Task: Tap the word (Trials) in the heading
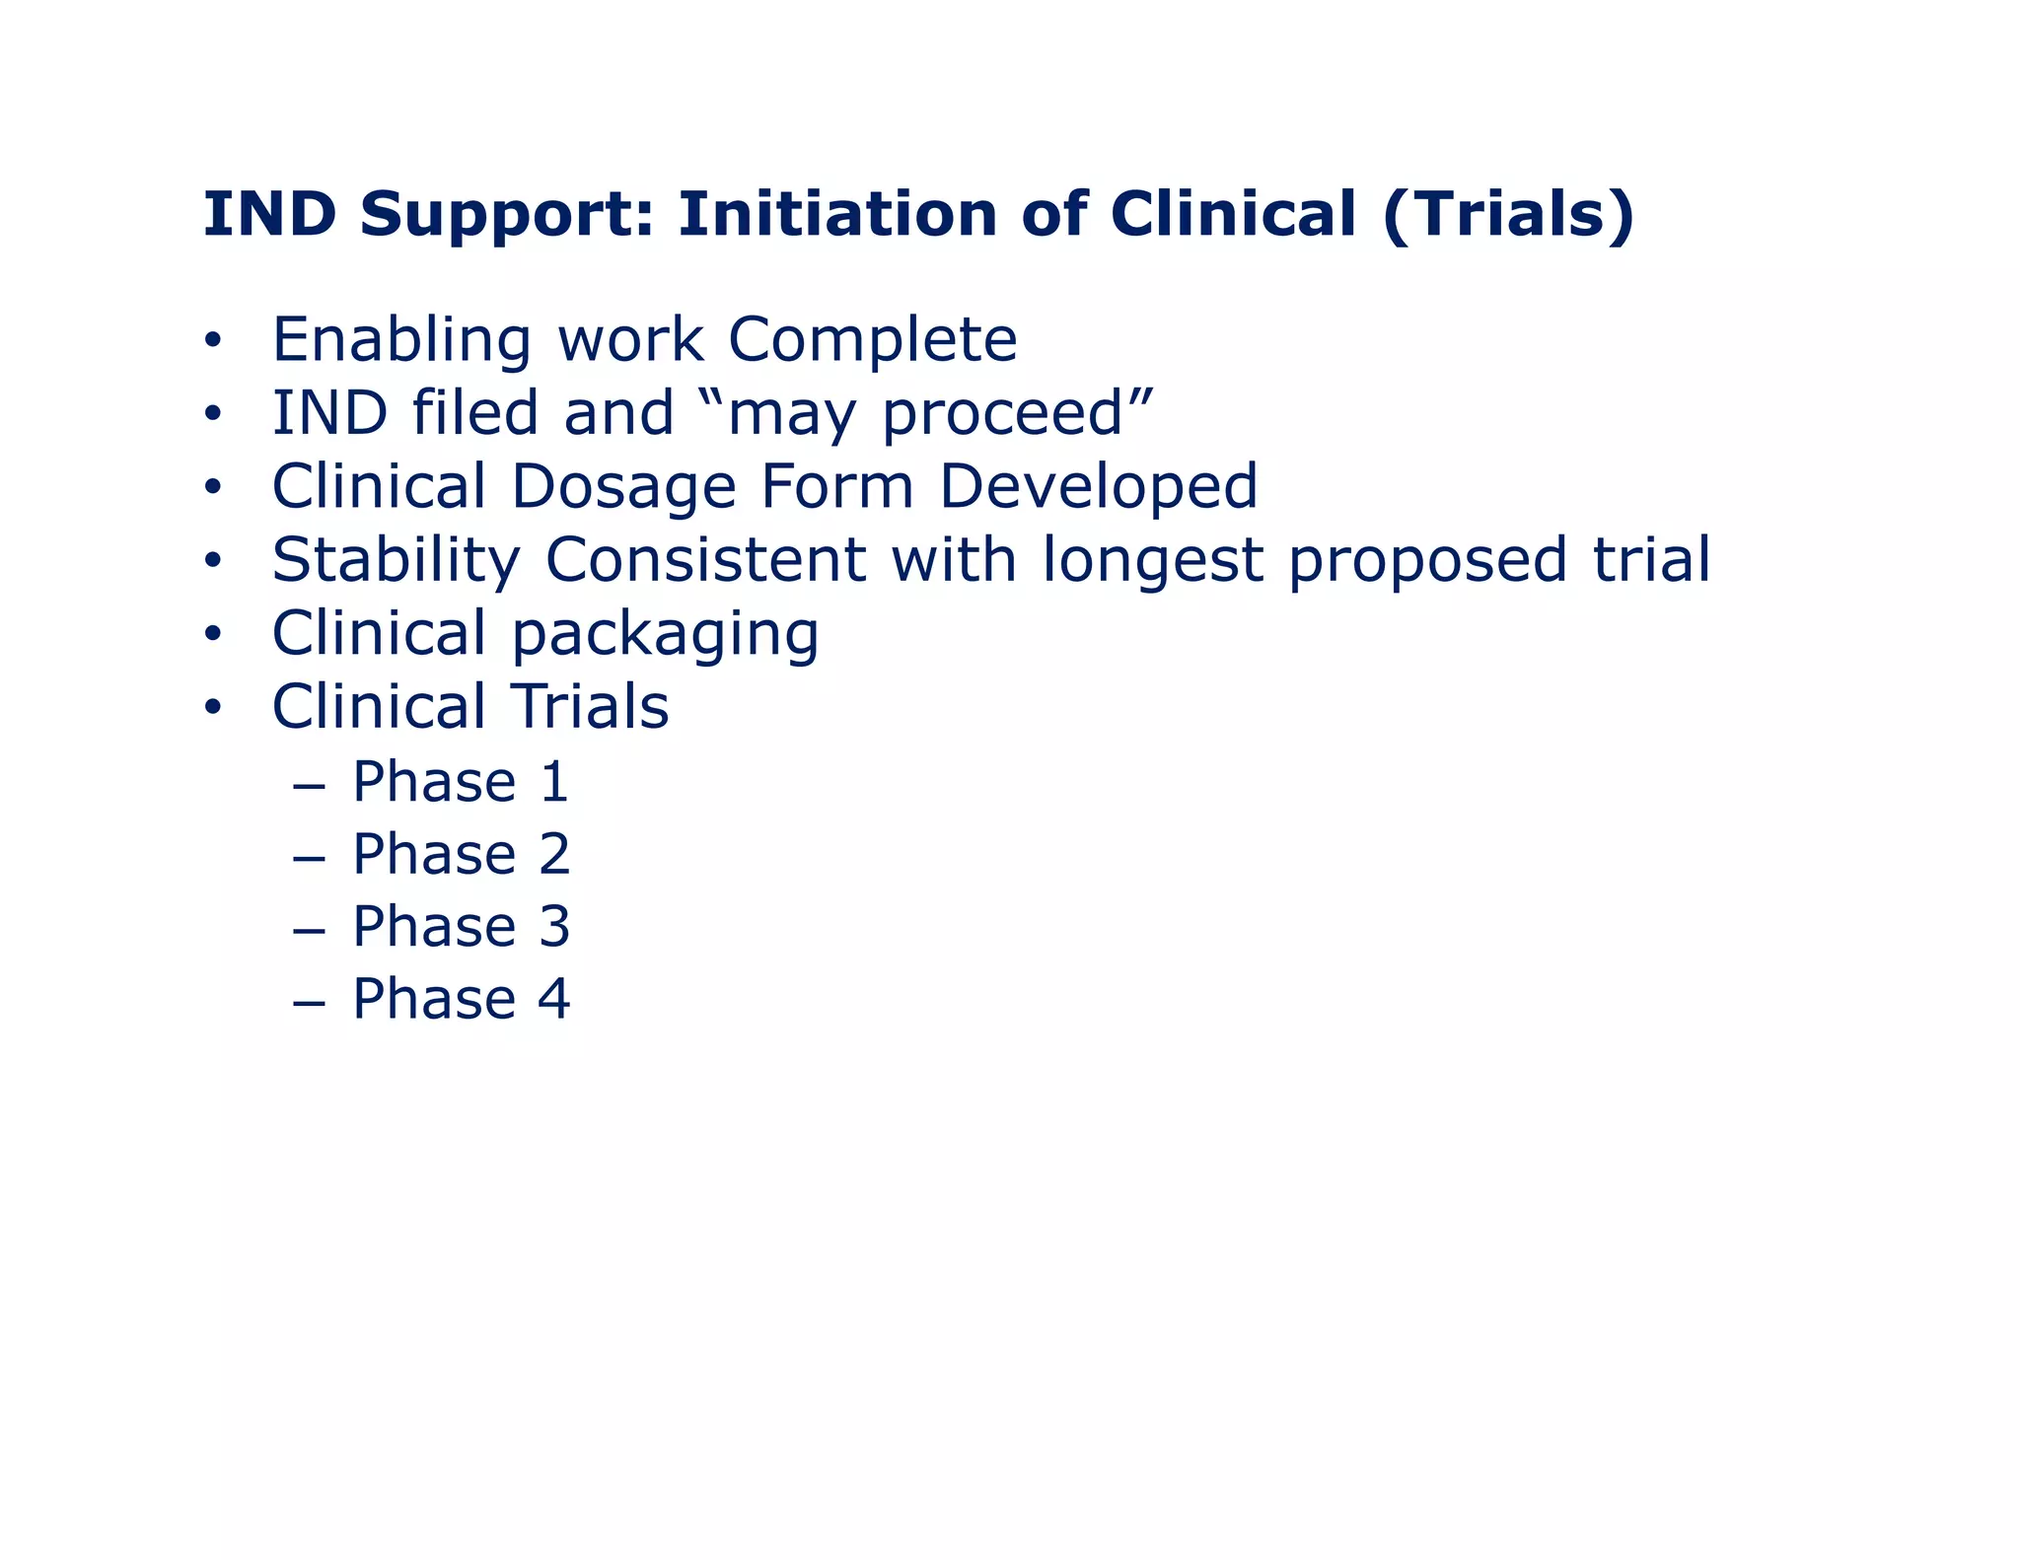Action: click(x=1508, y=215)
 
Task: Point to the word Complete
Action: click(x=872, y=339)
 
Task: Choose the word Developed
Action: click(x=1098, y=486)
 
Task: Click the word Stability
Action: click(x=396, y=560)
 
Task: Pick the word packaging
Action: click(x=666, y=634)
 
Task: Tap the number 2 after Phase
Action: click(x=554, y=854)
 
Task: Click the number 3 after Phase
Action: click(x=554, y=927)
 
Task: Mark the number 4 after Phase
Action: click(x=554, y=999)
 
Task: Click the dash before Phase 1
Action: click(x=309, y=784)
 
